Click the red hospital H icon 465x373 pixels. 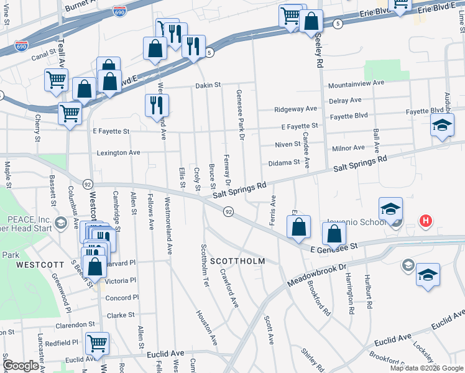[426, 221]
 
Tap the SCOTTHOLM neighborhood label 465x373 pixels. [237, 261]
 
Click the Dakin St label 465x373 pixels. [208, 85]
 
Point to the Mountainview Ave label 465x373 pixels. [356, 83]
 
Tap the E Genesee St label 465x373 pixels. [334, 247]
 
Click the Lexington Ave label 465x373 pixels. [119, 152]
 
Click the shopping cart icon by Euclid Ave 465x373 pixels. [98, 343]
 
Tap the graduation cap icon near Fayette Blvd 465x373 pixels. [442, 126]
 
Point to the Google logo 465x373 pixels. [21, 366]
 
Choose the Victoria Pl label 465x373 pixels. [118, 280]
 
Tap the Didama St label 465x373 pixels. [284, 162]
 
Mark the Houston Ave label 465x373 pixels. [207, 328]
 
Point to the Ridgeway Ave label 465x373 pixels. [296, 109]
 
